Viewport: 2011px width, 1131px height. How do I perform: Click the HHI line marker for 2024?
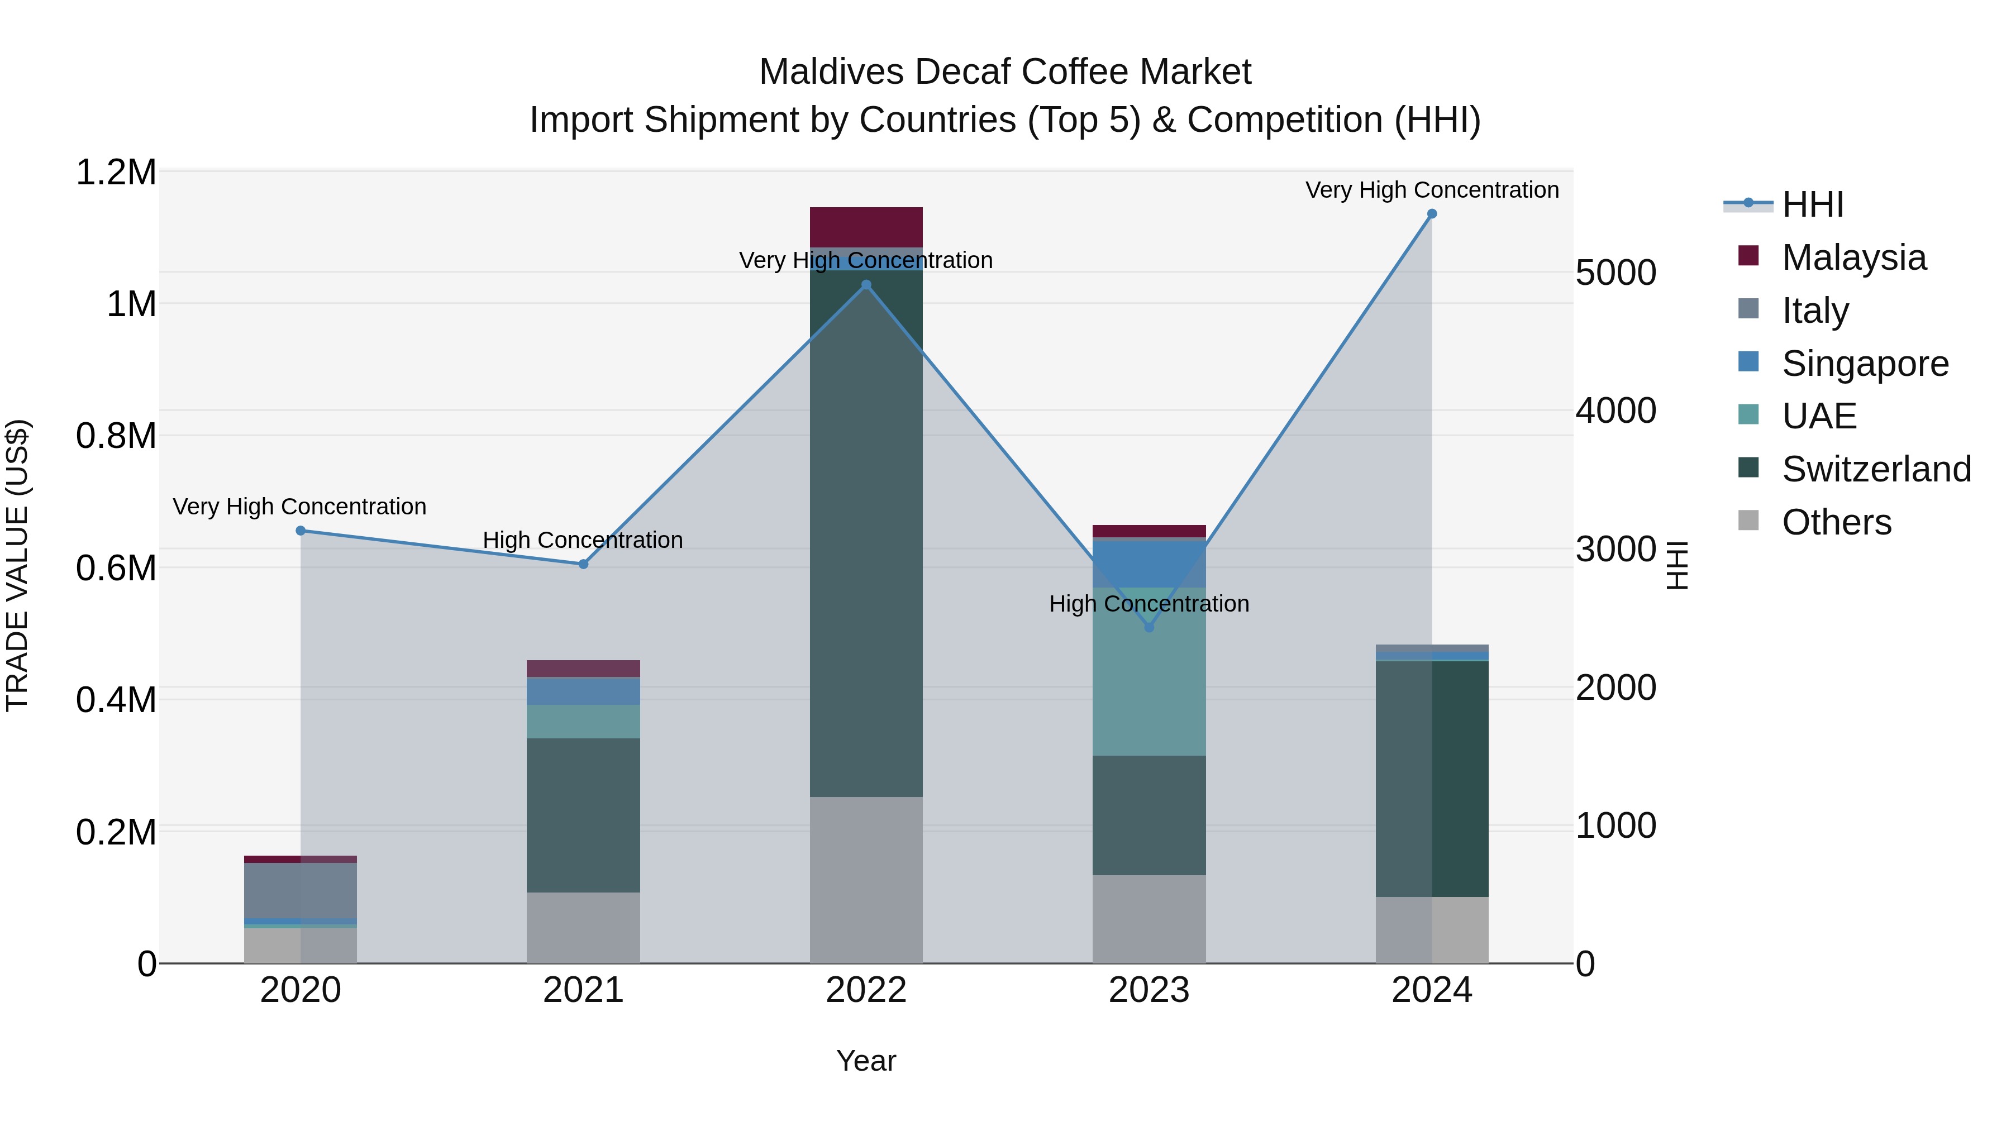pyautogui.click(x=1431, y=214)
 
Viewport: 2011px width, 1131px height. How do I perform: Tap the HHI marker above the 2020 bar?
pyautogui.click(x=301, y=531)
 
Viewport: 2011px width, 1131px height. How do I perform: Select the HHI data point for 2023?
pyautogui.click(x=1149, y=628)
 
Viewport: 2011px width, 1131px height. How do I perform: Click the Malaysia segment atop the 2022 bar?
pyautogui.click(x=866, y=227)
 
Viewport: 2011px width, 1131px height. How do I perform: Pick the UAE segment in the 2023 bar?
pyautogui.click(x=1149, y=671)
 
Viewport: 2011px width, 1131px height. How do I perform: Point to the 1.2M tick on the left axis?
pyautogui.click(x=116, y=173)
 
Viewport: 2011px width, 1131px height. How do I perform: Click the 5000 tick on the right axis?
pyautogui.click(x=1615, y=273)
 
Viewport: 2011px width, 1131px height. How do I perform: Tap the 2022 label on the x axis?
pyautogui.click(x=866, y=990)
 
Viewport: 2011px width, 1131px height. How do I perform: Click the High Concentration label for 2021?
pyautogui.click(x=583, y=540)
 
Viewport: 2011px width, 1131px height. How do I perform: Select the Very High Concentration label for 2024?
pyautogui.click(x=1431, y=190)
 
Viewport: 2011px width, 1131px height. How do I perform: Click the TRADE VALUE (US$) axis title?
pyautogui.click(x=17, y=565)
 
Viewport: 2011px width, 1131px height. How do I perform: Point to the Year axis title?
pyautogui.click(x=866, y=1061)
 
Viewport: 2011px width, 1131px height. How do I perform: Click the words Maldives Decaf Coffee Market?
pyautogui.click(x=1005, y=72)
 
